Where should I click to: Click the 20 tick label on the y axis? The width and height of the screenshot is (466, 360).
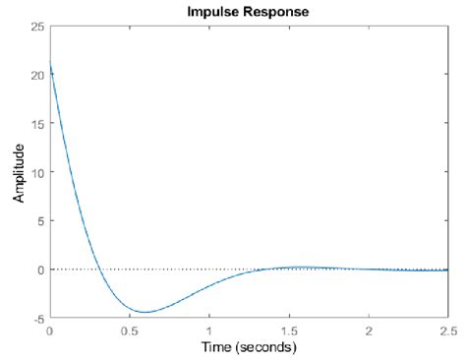click(36, 75)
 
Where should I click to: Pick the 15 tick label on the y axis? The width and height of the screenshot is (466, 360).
click(36, 123)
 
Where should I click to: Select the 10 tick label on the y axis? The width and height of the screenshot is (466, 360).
click(36, 172)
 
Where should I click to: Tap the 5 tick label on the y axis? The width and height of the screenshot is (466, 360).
click(39, 220)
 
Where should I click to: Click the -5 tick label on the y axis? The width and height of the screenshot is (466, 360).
click(37, 318)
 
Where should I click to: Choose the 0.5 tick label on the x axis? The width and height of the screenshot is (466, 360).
click(129, 330)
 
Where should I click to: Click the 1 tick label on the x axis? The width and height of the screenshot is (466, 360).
click(209, 330)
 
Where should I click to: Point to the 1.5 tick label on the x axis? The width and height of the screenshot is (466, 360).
click(289, 330)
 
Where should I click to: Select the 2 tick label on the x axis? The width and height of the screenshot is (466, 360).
click(369, 330)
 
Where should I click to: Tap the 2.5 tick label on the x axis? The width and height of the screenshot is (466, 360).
click(446, 330)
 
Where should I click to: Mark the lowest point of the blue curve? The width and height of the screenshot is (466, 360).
click(146, 312)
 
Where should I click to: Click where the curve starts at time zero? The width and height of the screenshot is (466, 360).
click(50, 65)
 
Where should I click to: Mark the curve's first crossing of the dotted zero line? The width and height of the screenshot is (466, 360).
click(100, 269)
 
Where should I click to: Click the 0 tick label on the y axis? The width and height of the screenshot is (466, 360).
click(39, 269)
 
